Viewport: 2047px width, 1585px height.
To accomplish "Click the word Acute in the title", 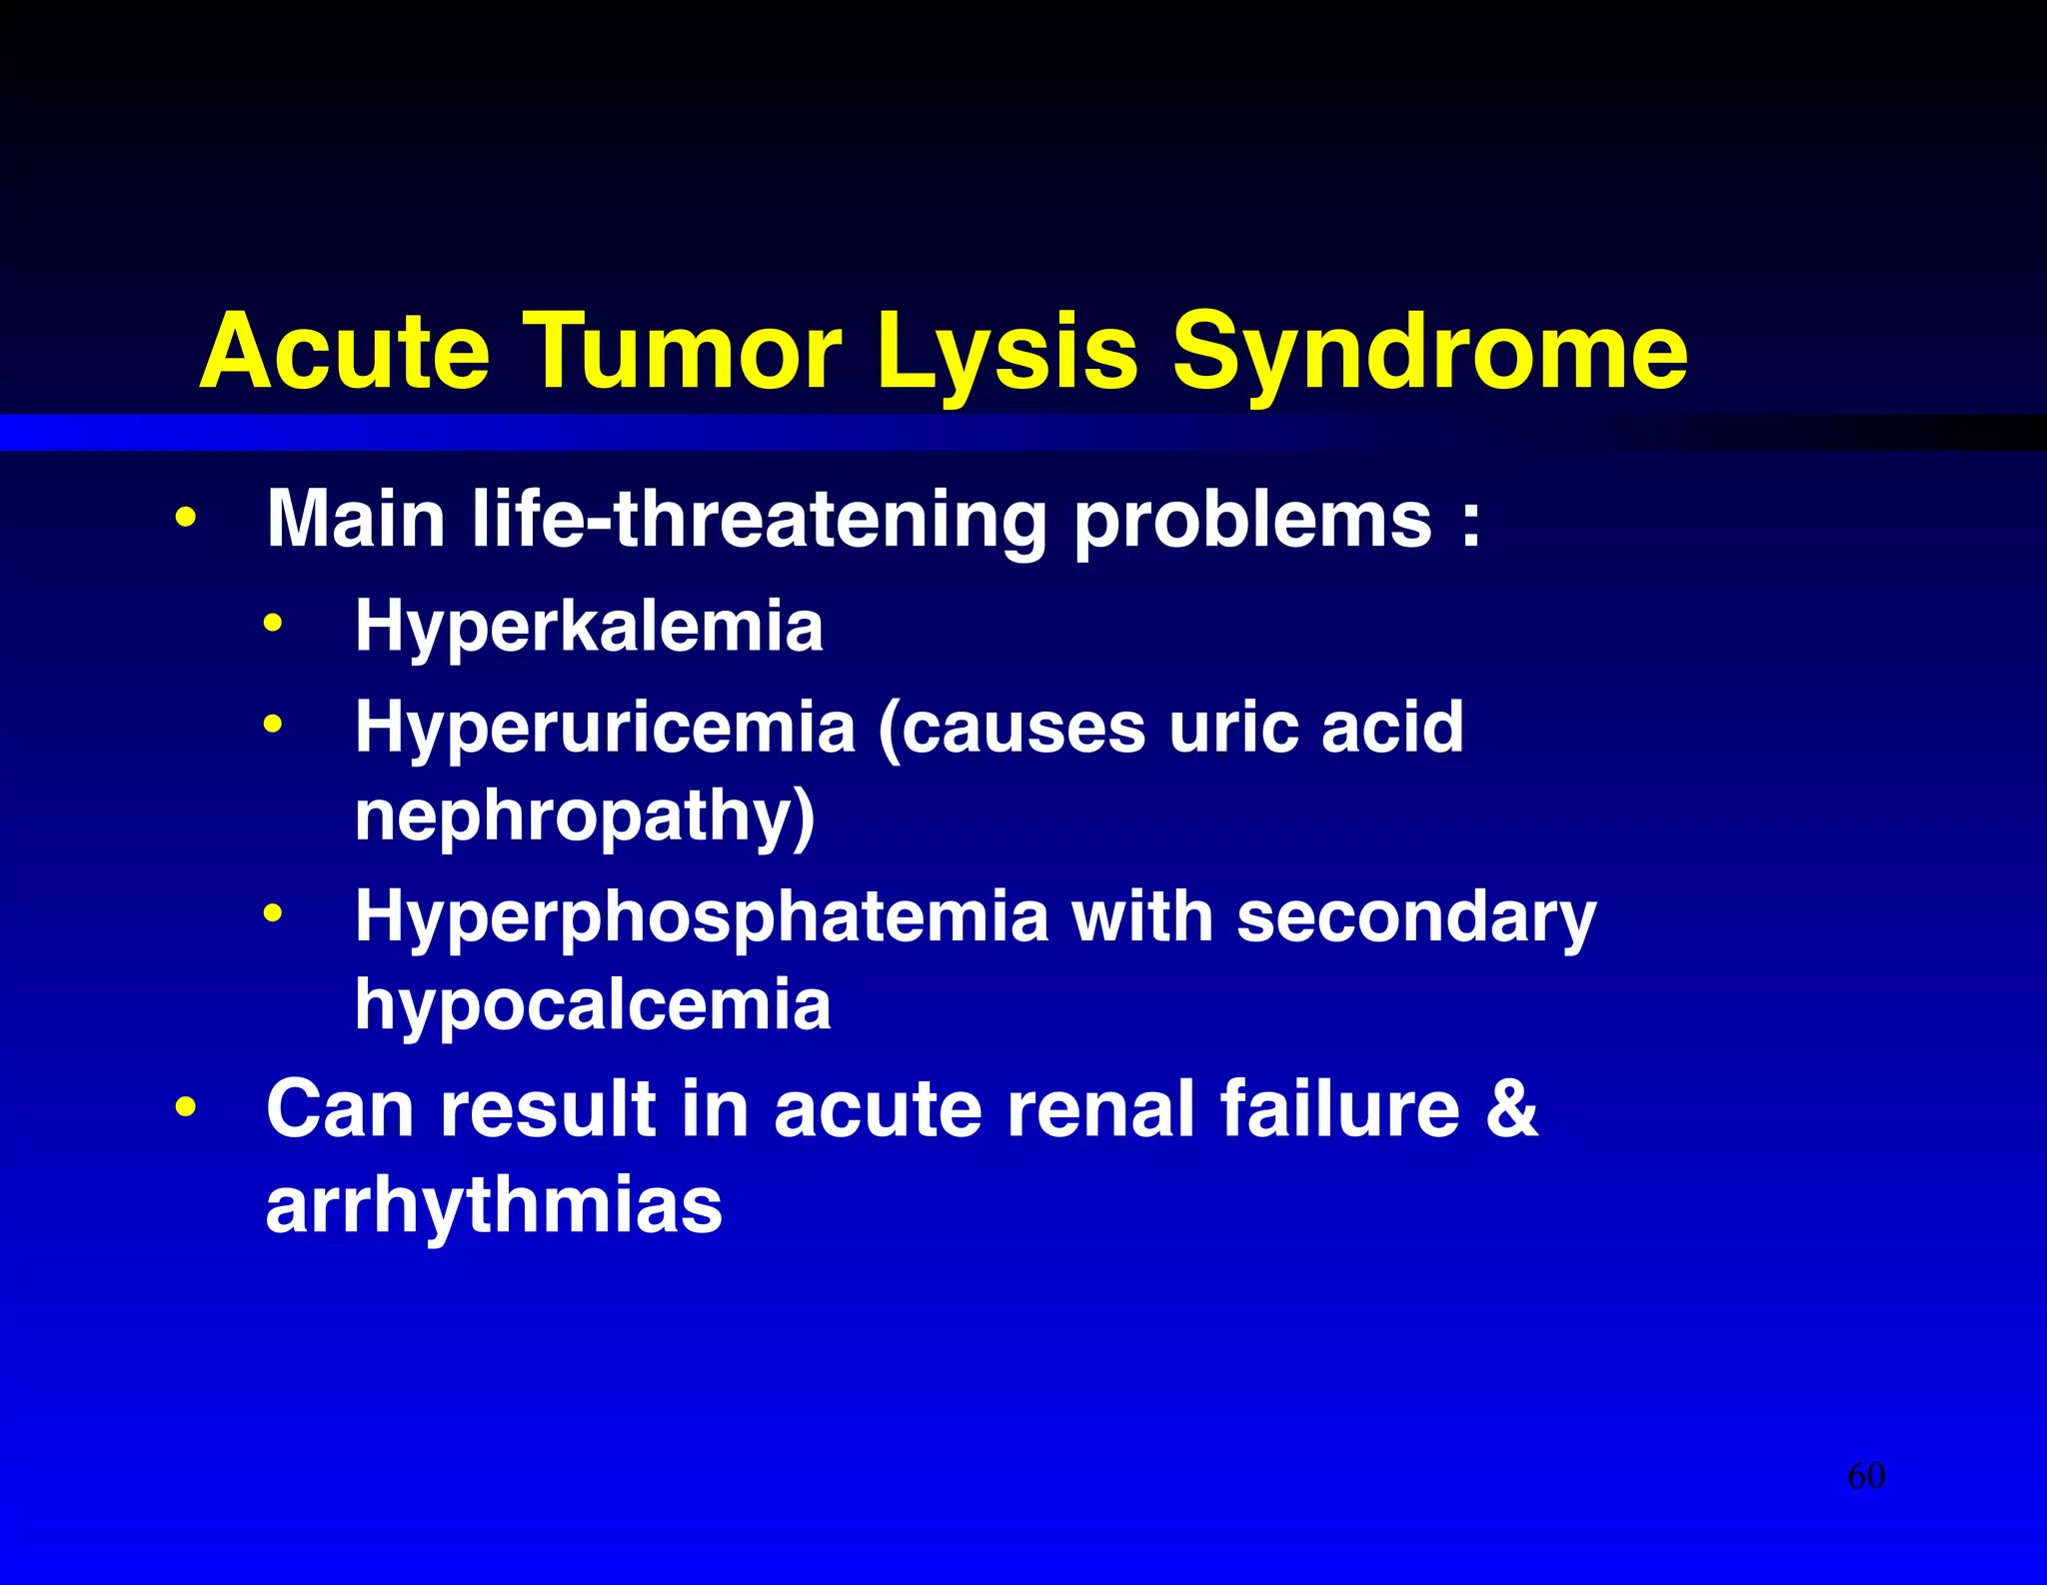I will pos(345,351).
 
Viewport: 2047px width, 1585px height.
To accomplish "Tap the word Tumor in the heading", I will pos(683,351).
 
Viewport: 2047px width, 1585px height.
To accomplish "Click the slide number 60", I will pos(1866,1476).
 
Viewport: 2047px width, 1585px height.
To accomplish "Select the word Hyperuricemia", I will pos(605,728).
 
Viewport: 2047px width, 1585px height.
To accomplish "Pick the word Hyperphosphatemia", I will pos(702,917).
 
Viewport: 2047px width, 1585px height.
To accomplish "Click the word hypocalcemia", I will pos(593,1004).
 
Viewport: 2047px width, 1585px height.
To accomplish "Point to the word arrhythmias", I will pos(494,1205).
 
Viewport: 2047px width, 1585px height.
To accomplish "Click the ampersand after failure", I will pos(1511,1108).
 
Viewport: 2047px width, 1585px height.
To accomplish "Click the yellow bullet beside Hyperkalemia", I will pos(273,626).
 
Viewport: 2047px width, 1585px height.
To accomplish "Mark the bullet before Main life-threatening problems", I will pos(185,519).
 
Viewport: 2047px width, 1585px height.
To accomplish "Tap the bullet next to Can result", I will pos(185,1108).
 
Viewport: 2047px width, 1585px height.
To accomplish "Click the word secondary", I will pos(1416,917).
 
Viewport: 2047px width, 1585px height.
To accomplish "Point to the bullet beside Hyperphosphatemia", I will pos(273,913).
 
